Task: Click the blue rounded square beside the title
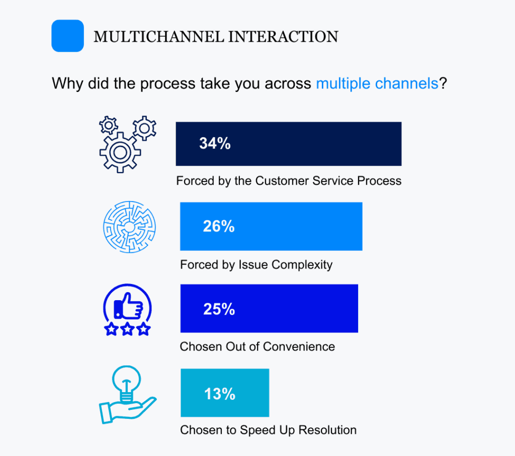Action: coord(68,36)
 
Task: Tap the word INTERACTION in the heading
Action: coord(283,36)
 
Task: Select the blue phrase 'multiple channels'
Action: coord(377,83)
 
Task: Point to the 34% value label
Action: coord(215,143)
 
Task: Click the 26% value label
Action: coord(219,226)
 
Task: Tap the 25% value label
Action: coord(219,309)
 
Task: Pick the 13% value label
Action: coord(220,394)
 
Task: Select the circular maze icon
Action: coord(129,227)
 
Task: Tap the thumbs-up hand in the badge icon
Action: coord(128,306)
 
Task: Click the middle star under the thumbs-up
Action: coord(127,329)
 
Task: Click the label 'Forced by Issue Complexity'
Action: coord(256,264)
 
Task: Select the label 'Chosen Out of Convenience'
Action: coord(257,347)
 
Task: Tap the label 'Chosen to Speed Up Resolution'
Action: coord(269,430)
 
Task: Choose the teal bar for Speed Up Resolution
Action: coord(225,393)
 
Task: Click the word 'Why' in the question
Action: coord(67,83)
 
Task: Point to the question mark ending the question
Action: coord(443,83)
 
